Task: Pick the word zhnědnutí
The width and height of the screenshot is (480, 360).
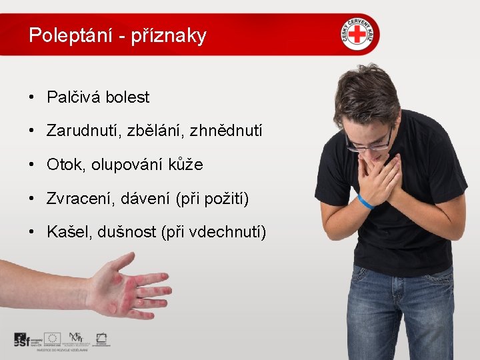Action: (x=227, y=131)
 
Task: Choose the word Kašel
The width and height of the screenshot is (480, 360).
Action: (x=67, y=232)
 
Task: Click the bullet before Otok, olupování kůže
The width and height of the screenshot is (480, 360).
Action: (x=32, y=165)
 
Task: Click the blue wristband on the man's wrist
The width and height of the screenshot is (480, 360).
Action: (x=364, y=201)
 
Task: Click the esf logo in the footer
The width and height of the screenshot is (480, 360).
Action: (x=27, y=339)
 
